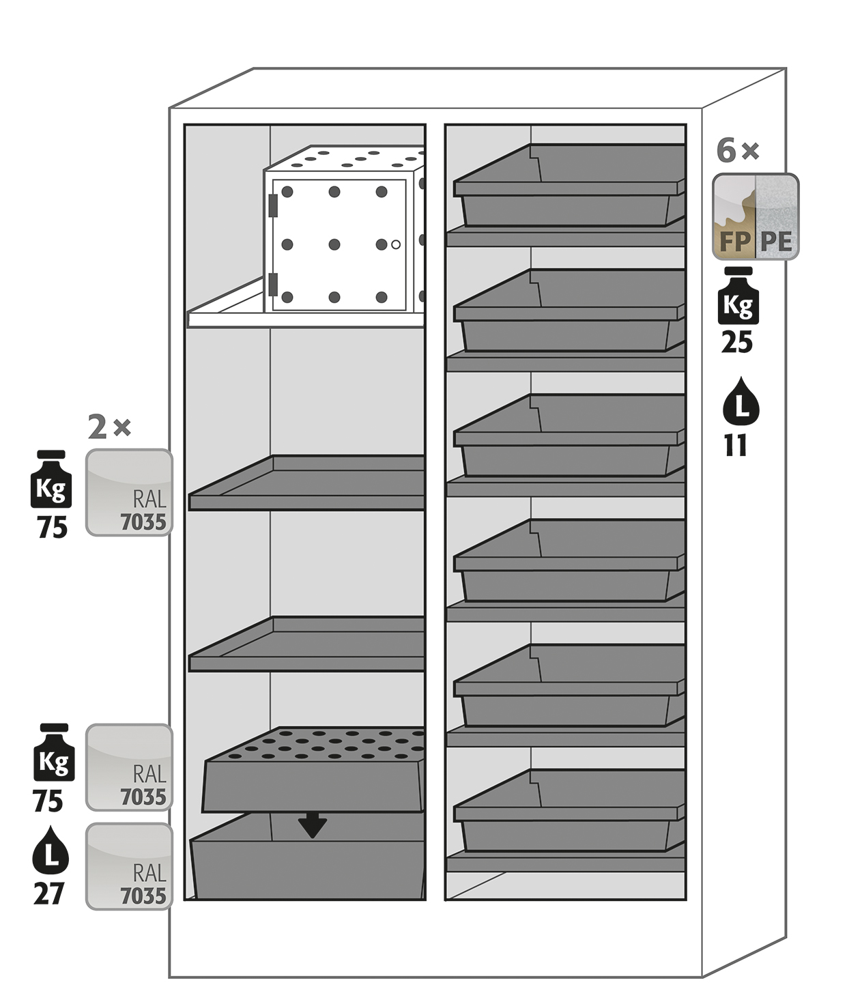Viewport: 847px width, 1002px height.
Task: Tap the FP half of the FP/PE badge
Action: [734, 216]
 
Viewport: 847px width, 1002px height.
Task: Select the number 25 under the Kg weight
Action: [737, 343]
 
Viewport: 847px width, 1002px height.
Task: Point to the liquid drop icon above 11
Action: [741, 401]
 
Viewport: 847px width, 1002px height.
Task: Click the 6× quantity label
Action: [737, 151]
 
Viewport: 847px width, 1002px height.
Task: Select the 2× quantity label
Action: [109, 427]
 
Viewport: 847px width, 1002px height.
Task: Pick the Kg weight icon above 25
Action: [738, 296]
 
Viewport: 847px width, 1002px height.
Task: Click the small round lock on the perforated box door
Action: [396, 245]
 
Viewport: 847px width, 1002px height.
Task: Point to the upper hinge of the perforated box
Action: [274, 205]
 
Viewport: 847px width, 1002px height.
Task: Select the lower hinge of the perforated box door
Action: [274, 285]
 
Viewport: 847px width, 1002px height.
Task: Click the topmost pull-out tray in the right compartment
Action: [569, 185]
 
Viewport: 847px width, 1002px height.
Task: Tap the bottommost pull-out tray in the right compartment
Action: [569, 810]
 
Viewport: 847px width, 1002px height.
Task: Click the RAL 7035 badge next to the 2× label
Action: [129, 492]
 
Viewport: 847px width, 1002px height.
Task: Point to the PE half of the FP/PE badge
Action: [777, 216]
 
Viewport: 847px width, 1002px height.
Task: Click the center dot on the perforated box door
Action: [334, 245]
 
